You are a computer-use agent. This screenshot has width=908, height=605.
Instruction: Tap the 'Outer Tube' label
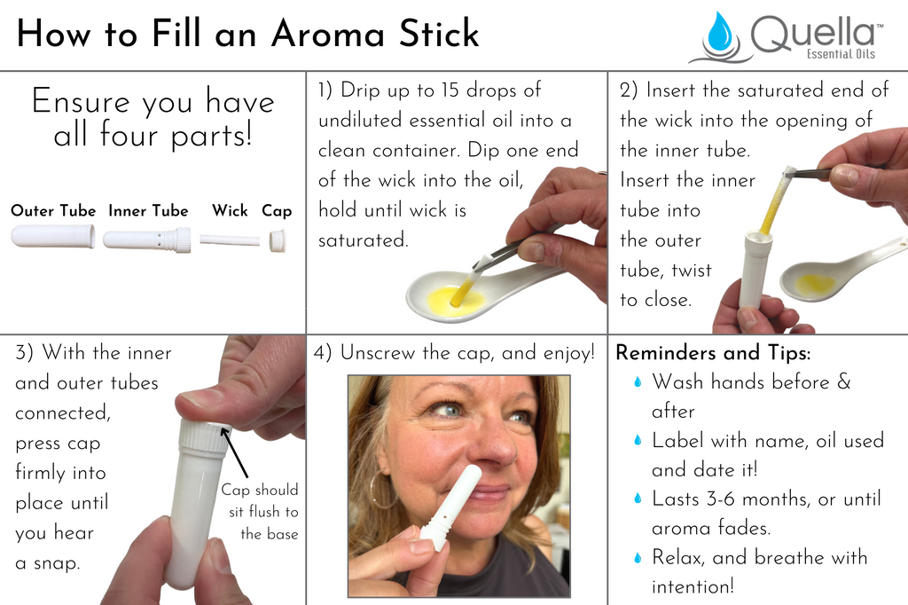pos(53,211)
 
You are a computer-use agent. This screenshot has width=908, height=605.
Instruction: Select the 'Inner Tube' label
pos(148,211)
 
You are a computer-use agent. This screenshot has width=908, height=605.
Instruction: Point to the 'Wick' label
pos(230,211)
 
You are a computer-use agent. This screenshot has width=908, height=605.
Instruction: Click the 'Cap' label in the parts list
pos(277,211)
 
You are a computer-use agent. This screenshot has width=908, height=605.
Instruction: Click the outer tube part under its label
pos(53,237)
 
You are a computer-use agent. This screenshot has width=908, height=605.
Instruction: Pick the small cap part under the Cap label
pos(278,240)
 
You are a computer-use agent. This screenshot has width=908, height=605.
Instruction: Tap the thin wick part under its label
pos(230,240)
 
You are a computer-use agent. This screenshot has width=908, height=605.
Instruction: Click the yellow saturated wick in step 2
pos(773,203)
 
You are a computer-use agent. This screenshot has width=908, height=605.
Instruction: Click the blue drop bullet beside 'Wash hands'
pos(637,383)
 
